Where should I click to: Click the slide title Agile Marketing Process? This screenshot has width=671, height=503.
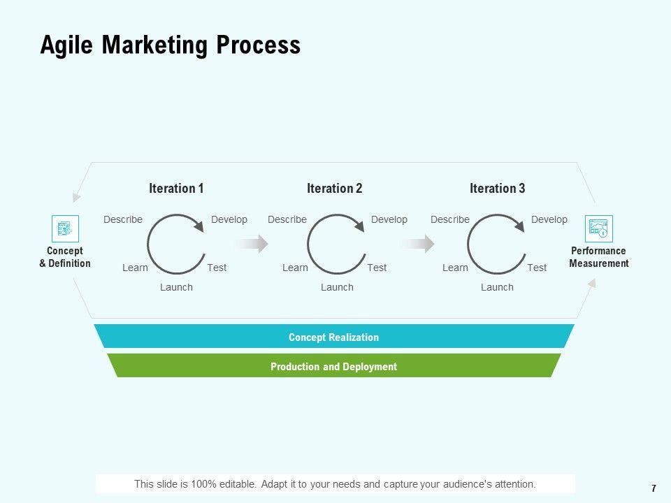[170, 45]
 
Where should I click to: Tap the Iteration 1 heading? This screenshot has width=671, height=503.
[176, 189]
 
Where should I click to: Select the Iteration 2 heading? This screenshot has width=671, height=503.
[334, 189]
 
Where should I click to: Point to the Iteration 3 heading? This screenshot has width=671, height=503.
[497, 189]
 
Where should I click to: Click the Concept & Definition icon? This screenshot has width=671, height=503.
[65, 228]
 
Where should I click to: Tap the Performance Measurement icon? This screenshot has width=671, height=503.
[598, 228]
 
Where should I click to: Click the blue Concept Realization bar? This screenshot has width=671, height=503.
[333, 337]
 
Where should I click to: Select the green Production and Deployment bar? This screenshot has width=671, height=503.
[333, 366]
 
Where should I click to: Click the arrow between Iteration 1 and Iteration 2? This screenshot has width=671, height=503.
[251, 243]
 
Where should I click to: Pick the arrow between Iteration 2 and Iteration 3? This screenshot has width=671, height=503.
[417, 243]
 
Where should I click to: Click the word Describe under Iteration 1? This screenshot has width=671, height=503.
[123, 219]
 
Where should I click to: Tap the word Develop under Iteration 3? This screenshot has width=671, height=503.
[549, 219]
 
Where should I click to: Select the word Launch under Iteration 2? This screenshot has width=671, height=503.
[337, 287]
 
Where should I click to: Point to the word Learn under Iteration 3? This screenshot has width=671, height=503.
[455, 268]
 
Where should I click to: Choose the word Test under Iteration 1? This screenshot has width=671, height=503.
[217, 268]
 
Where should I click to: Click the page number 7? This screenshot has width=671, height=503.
[653, 488]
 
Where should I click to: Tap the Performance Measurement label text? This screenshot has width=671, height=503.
[598, 257]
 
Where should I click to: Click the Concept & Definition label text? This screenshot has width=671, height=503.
[65, 257]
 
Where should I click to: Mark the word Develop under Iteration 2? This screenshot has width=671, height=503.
[389, 219]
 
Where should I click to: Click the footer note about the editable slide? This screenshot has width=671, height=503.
[335, 483]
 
